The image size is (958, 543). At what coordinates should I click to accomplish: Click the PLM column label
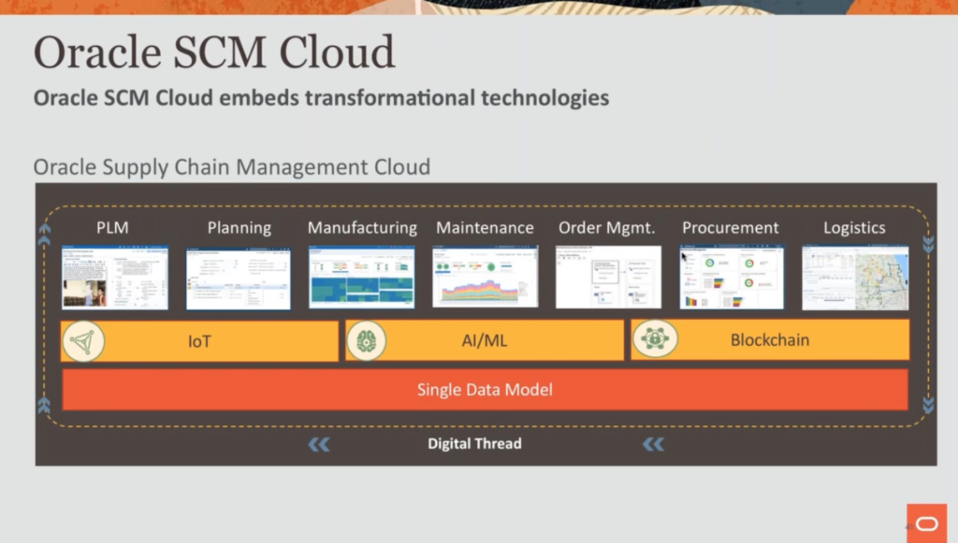[112, 227]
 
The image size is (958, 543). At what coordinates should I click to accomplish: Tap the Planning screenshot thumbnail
[238, 278]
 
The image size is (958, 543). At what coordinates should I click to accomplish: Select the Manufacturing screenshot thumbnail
[362, 278]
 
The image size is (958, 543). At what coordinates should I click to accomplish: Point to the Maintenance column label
[485, 227]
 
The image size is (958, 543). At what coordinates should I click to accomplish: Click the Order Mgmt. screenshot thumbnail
[608, 278]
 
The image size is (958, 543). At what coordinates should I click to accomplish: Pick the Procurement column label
[730, 227]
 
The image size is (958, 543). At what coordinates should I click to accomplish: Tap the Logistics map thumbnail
[855, 278]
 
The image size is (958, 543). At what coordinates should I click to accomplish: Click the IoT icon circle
[83, 341]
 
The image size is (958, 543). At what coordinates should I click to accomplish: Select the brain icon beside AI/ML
[367, 341]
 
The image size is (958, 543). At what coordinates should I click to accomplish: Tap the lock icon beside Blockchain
[654, 340]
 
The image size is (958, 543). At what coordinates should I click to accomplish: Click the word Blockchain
[769, 340]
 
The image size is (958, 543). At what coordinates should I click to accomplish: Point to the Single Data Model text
[485, 390]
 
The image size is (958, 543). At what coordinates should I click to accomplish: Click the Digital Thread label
[474, 444]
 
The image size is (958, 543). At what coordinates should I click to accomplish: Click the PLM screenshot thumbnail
[114, 278]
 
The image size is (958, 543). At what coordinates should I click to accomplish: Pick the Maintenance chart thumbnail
[485, 278]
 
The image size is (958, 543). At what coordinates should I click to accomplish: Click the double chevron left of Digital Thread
[319, 445]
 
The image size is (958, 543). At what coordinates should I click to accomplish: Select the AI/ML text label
[485, 341]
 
